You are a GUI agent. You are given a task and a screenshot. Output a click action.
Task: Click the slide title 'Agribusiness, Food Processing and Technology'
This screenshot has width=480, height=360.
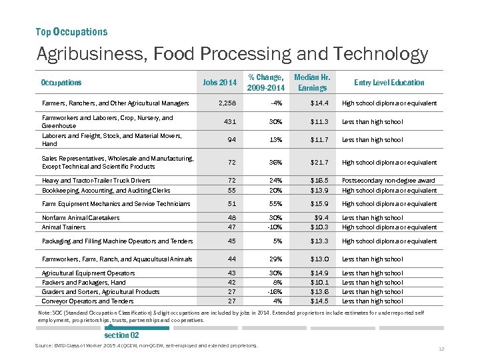coord(232,54)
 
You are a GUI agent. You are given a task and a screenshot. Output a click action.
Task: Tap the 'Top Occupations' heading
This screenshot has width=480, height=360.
coord(71,32)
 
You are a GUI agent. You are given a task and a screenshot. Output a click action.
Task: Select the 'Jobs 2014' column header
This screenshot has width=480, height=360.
coord(220,83)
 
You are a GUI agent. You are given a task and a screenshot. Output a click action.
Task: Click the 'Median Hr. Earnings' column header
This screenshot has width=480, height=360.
coord(312,83)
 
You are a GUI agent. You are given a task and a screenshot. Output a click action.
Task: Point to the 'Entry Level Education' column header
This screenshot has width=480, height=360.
coord(389,83)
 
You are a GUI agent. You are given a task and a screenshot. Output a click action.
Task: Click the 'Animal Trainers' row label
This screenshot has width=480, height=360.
coord(65,227)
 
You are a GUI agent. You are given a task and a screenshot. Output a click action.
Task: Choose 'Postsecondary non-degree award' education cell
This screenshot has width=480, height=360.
coord(388,181)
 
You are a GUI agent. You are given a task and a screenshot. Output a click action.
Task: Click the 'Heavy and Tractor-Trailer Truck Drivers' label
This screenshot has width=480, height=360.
coord(96,181)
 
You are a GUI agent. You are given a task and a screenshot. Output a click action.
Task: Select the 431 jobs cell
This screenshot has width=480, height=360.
coord(229,122)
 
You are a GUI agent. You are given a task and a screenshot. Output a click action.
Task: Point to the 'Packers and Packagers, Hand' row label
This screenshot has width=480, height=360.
coord(83,283)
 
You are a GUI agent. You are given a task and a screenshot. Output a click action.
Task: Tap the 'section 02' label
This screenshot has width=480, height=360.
coord(121,335)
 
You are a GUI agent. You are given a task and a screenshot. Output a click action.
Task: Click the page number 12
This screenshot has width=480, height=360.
coord(441,349)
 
